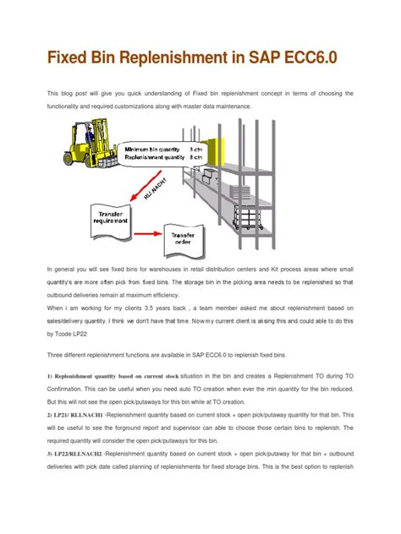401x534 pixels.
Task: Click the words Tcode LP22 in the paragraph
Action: pyautogui.click(x=76, y=334)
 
